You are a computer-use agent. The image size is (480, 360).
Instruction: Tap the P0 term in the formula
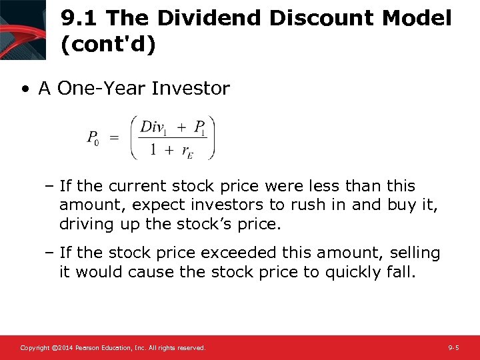click(x=92, y=139)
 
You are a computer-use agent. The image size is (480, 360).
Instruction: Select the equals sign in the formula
click(x=114, y=137)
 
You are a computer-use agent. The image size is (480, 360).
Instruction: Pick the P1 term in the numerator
click(x=199, y=127)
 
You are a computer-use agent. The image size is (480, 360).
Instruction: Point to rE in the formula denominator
click(x=189, y=151)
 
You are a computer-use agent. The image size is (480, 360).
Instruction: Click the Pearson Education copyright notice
click(x=113, y=348)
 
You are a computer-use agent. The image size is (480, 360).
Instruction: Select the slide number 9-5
click(x=453, y=348)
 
